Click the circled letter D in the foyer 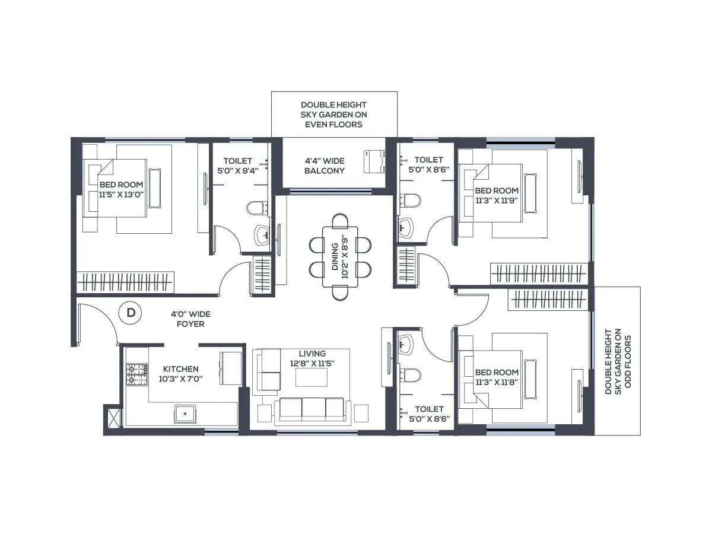131,313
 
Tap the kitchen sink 185,413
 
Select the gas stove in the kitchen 136,374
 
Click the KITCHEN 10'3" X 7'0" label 181,374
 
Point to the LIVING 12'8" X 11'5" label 312,358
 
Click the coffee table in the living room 311,377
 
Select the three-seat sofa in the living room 311,409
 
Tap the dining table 340,256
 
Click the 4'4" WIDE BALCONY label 325,166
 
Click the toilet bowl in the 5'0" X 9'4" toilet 256,208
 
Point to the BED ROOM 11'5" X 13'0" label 121,189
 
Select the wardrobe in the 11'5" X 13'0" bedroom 125,282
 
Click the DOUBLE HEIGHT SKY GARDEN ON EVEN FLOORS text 334,115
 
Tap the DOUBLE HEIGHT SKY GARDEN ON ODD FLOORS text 617,361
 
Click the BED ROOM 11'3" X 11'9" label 497,195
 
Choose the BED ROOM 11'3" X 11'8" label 497,377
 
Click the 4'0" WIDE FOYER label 190,319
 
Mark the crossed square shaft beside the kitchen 112,416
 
